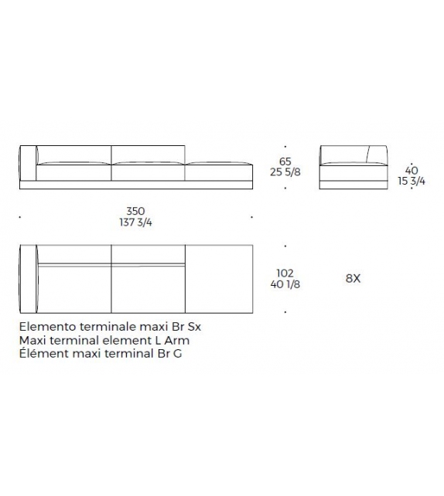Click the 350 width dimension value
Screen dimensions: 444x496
click(x=135, y=211)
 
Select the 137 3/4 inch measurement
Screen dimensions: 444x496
click(x=135, y=223)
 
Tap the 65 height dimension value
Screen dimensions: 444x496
click(x=285, y=161)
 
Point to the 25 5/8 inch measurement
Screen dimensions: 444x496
click(x=285, y=172)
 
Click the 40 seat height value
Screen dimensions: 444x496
click(x=412, y=171)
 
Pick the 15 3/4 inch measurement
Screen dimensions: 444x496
click(x=412, y=182)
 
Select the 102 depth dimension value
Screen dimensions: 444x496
click(x=285, y=273)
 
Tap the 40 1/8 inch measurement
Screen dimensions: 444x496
click(x=285, y=284)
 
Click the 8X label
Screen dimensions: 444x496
click(x=353, y=279)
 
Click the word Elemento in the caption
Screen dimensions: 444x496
click(x=48, y=327)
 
